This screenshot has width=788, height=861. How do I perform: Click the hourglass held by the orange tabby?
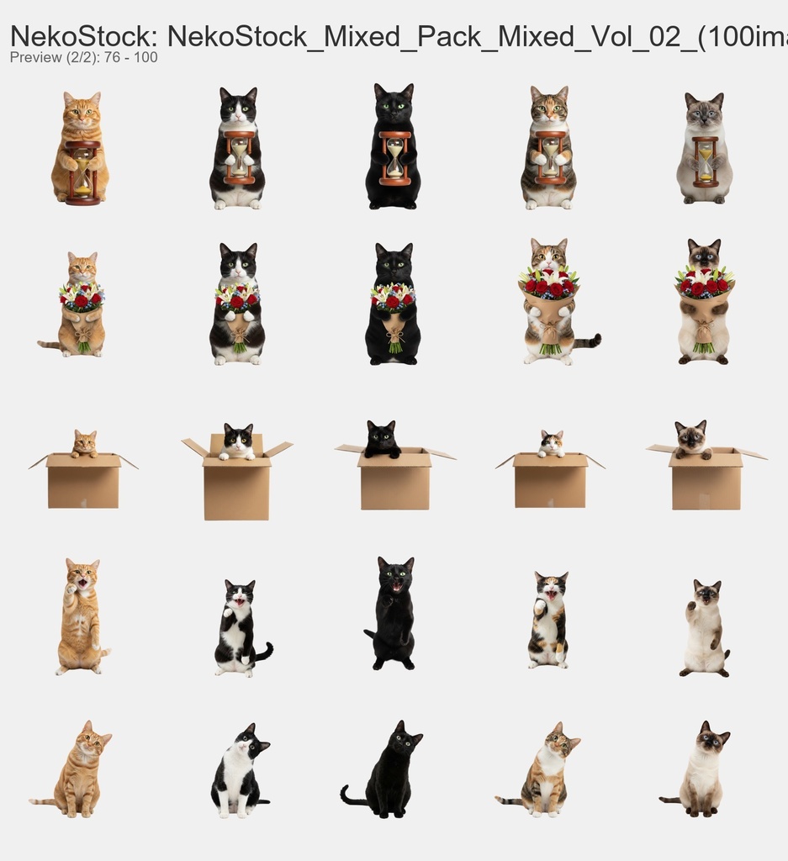[x=82, y=172]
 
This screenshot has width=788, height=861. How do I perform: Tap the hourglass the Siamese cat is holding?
[x=706, y=161]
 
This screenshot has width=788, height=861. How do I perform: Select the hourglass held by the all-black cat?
[x=394, y=158]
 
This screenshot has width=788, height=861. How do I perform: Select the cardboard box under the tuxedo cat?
[x=237, y=488]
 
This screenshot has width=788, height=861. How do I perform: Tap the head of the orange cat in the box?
[x=84, y=441]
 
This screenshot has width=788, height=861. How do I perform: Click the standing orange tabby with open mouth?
[x=80, y=617]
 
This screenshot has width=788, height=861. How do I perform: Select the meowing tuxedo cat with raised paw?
[x=237, y=629]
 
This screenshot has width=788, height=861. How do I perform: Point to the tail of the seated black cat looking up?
[x=351, y=797]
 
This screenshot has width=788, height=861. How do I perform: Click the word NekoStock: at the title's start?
[x=83, y=36]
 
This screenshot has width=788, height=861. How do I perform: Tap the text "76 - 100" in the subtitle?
[x=130, y=57]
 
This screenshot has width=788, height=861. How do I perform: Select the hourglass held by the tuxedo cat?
[x=240, y=157]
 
